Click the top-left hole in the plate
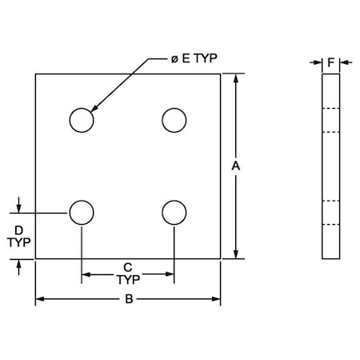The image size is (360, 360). (x=81, y=120)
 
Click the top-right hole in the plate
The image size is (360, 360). (x=174, y=120)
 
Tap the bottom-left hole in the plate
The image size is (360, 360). (x=81, y=213)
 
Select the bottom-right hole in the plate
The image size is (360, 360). (x=174, y=213)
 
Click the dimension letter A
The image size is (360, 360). (x=235, y=166)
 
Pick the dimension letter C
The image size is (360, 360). (x=127, y=267)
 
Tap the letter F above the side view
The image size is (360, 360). (x=330, y=60)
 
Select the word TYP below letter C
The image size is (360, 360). (x=128, y=280)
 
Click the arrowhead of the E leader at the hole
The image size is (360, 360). (x=94, y=108)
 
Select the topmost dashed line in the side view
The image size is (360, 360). (x=330, y=108)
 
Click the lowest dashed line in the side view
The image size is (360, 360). (x=330, y=225)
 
